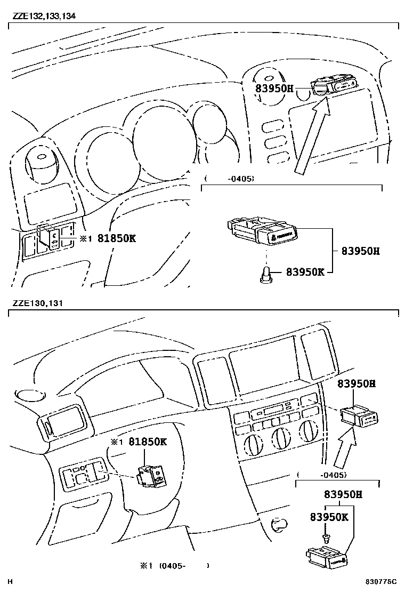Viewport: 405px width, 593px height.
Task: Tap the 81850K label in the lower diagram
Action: [x=147, y=442]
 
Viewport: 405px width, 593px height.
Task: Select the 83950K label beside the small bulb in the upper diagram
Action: [x=305, y=271]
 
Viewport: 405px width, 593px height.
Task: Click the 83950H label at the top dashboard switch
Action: [x=274, y=89]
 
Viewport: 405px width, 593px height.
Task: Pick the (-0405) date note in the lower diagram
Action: [x=322, y=475]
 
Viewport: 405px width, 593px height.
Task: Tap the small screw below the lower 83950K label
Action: [x=324, y=536]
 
